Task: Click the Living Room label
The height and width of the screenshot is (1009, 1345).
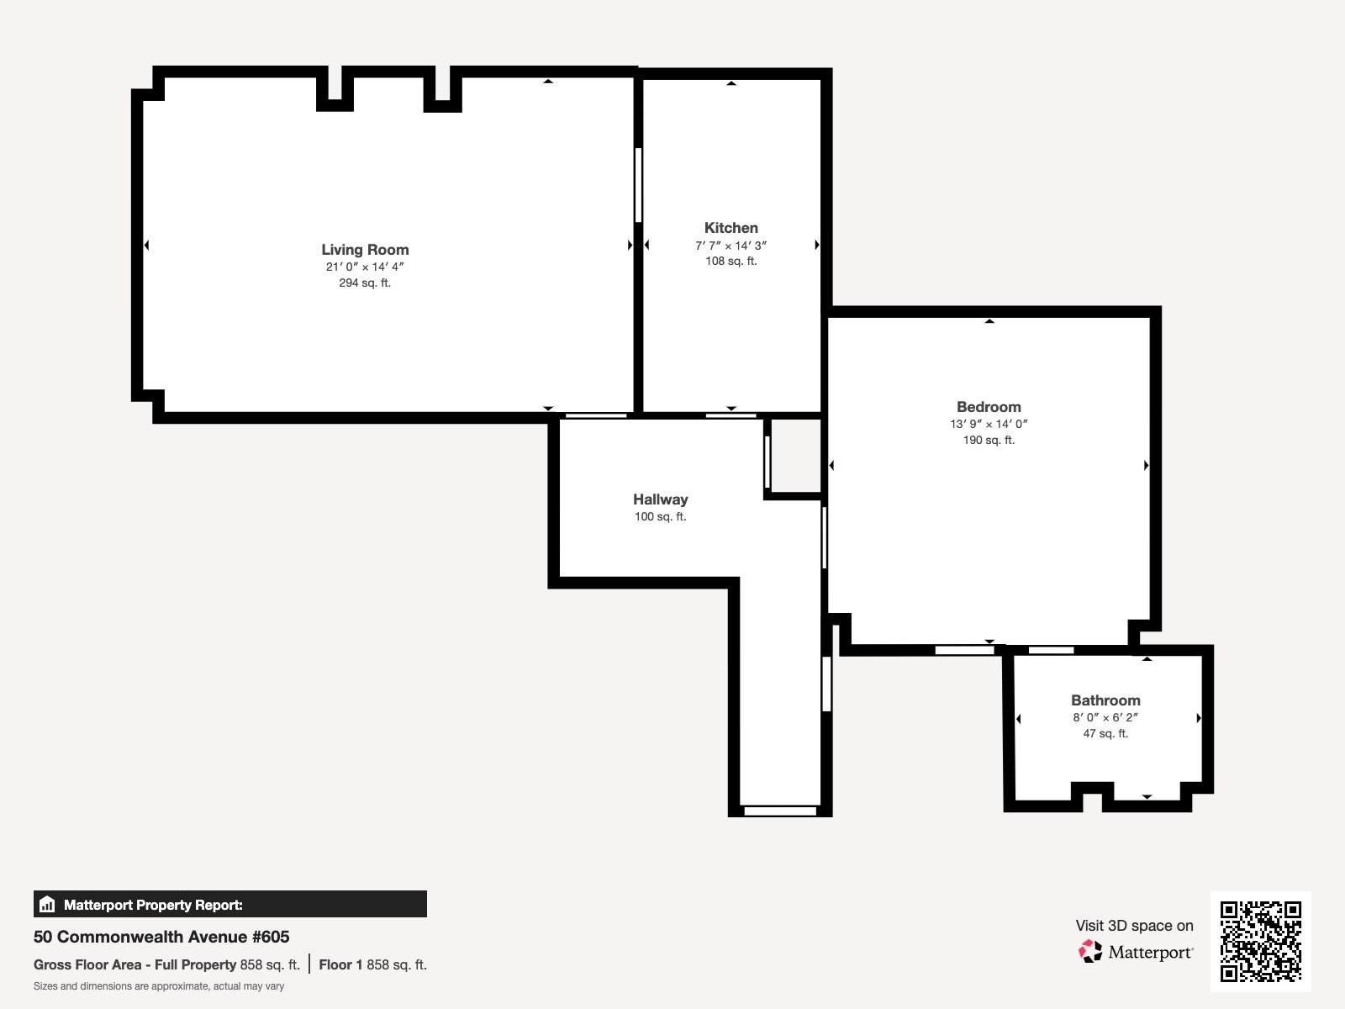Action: tap(365, 250)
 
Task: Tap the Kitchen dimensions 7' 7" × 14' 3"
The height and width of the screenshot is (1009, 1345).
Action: tap(731, 246)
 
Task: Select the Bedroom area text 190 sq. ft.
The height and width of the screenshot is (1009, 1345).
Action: tap(989, 440)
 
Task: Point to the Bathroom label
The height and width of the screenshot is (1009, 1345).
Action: tap(1105, 700)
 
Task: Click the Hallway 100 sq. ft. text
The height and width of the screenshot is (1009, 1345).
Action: tap(660, 516)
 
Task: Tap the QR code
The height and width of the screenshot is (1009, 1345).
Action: tap(1260, 941)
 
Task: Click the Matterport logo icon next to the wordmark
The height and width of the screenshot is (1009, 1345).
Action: tap(1090, 952)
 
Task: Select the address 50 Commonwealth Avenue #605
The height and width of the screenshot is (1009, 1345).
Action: tap(161, 937)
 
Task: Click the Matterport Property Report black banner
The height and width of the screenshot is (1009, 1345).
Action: tap(229, 905)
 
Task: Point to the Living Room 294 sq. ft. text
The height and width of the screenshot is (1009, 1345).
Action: tap(365, 283)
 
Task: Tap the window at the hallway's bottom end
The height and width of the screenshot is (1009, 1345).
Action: tap(780, 811)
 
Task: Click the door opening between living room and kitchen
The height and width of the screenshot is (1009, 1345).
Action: tap(639, 185)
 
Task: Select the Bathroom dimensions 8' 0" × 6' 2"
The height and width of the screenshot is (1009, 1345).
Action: tap(1105, 717)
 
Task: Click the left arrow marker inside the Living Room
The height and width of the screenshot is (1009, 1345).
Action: tap(147, 246)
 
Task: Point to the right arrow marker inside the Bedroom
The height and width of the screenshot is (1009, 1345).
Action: tap(1146, 465)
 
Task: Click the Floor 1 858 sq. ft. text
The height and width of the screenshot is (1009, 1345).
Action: tap(372, 964)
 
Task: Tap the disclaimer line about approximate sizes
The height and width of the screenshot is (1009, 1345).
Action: tap(159, 986)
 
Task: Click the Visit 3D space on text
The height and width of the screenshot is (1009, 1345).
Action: tap(1134, 926)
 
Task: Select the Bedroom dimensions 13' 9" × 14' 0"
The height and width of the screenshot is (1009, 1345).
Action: tap(989, 424)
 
